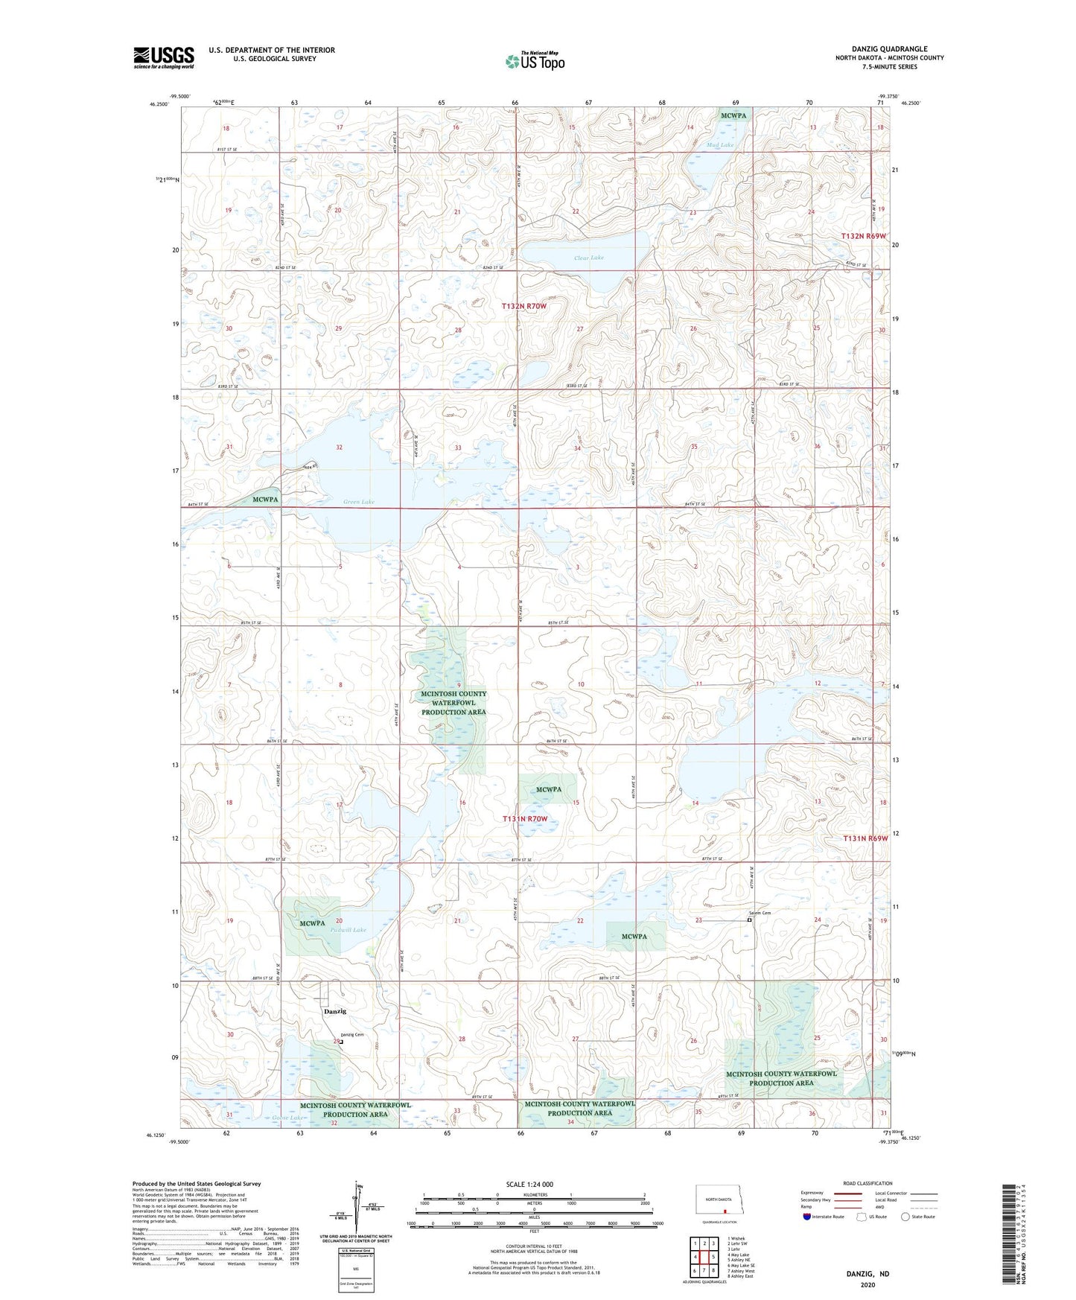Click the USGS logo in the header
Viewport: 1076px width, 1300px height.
[164, 57]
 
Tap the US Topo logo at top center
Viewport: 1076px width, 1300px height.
[534, 61]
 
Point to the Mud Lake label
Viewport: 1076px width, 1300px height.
[720, 144]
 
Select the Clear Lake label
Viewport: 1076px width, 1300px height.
[588, 258]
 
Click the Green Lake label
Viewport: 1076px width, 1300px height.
[358, 502]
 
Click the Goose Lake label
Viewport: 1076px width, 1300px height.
[287, 1118]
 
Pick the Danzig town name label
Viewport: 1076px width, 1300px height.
[334, 1011]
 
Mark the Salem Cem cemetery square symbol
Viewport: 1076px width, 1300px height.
[749, 920]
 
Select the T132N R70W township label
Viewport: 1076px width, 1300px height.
[523, 306]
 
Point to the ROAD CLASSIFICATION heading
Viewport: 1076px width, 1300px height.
[868, 1183]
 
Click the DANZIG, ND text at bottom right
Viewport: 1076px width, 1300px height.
[868, 1274]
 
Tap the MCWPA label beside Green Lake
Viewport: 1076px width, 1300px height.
[265, 499]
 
